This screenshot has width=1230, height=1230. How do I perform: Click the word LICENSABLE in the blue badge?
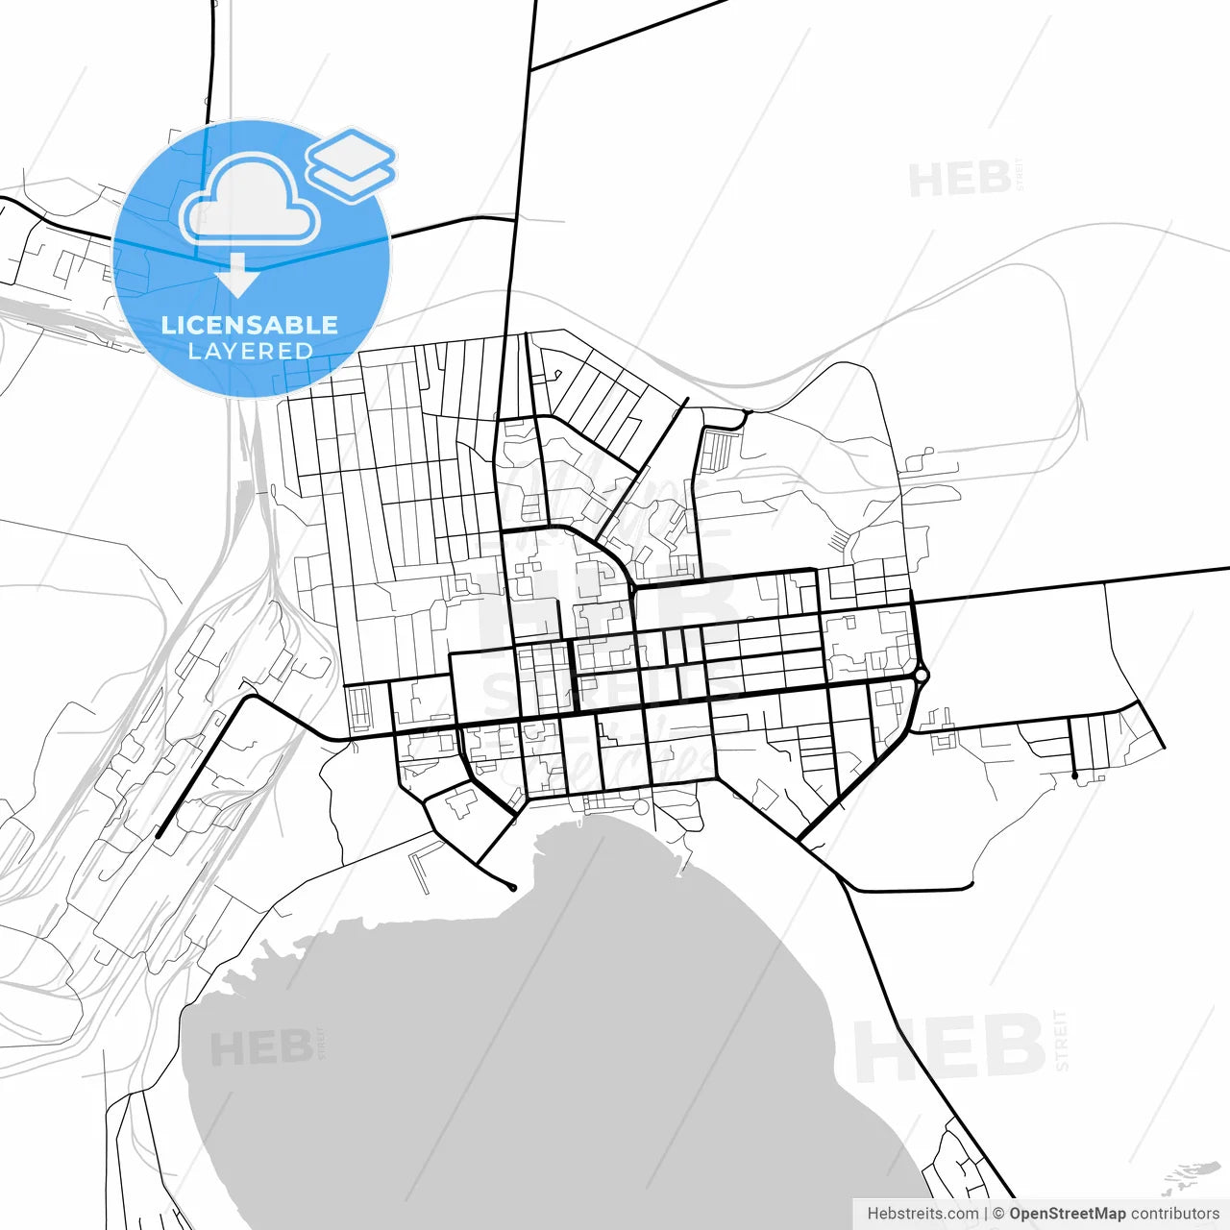click(250, 325)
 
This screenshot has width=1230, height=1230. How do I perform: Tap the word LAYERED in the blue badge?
click(250, 352)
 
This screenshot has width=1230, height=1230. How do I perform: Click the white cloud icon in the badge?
click(250, 202)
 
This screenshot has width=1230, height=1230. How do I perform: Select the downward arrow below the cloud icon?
click(237, 277)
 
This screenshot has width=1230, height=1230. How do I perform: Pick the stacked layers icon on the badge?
click(351, 163)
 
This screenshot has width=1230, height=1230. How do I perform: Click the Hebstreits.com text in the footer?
click(922, 1214)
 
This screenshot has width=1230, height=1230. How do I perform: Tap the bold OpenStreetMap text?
click(1067, 1214)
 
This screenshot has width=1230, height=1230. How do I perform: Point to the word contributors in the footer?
click(1175, 1214)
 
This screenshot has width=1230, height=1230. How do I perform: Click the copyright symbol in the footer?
click(998, 1214)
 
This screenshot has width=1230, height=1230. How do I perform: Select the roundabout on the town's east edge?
click(921, 676)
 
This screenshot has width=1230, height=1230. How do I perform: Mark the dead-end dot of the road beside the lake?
click(513, 888)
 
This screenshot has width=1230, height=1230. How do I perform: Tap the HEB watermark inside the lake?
click(259, 1048)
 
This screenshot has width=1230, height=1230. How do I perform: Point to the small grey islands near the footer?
click(1192, 1177)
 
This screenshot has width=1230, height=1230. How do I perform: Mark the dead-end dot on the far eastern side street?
click(1075, 775)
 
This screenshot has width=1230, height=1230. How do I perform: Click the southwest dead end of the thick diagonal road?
click(158, 836)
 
